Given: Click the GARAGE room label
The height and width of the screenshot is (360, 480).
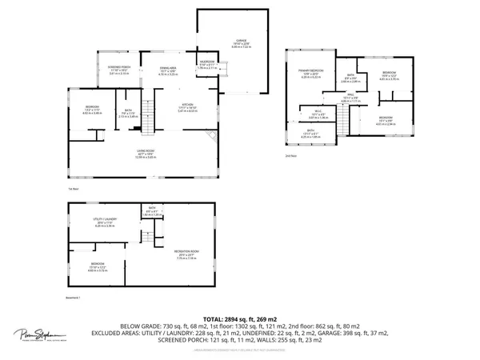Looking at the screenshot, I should tap(240, 40).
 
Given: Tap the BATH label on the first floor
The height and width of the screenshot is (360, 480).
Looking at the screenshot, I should tap(128, 113).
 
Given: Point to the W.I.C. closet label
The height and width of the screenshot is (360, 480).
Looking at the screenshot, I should tap(318, 114).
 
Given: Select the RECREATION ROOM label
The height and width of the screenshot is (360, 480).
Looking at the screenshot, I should tap(186, 254).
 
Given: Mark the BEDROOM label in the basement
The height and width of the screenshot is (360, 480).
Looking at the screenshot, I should tap(97, 267).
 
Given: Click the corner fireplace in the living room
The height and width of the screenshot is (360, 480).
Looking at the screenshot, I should tap(211, 135).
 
